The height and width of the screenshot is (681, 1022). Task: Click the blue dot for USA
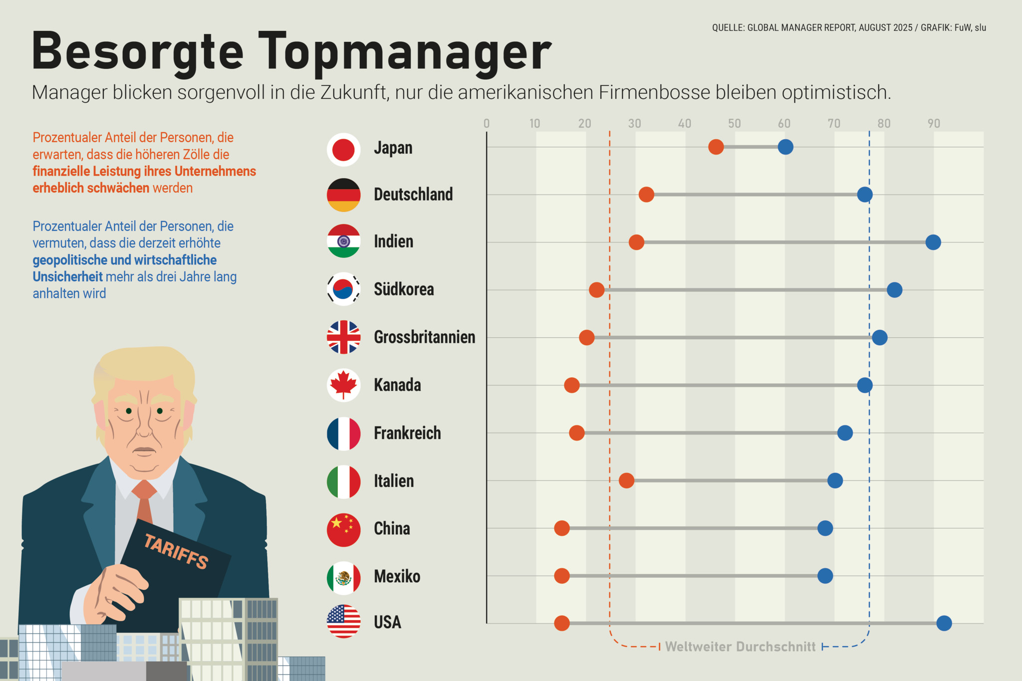(944, 623)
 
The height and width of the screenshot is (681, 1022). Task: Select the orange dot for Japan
(716, 147)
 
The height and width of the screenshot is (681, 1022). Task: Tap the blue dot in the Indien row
(933, 242)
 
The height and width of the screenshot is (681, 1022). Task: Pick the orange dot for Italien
(626, 480)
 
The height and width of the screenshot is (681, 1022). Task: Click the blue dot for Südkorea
(894, 289)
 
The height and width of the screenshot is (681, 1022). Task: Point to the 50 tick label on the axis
(734, 123)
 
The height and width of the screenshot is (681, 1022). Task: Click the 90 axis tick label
(933, 123)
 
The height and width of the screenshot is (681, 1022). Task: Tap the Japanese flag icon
(343, 149)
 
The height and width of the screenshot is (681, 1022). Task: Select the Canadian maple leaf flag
(343, 385)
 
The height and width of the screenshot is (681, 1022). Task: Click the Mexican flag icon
(343, 578)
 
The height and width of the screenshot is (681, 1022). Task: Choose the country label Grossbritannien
(424, 337)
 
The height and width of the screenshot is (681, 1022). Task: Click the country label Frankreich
(407, 433)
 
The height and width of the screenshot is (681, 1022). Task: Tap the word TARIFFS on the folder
(176, 551)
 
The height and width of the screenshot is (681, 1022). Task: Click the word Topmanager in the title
(404, 52)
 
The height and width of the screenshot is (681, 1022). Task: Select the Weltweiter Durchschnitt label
(740, 647)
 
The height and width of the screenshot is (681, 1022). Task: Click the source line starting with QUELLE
(848, 27)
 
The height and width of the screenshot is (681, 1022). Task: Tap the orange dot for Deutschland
(646, 195)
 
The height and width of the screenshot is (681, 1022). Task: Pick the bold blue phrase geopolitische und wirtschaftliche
(125, 260)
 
